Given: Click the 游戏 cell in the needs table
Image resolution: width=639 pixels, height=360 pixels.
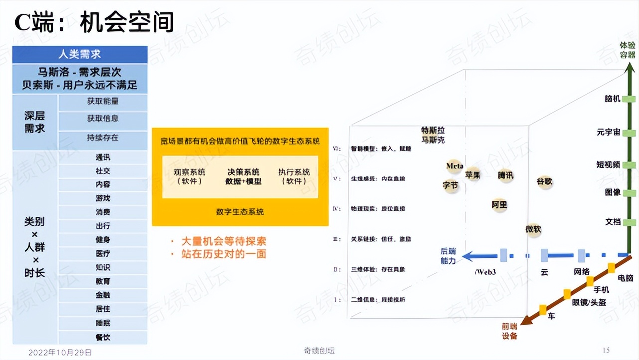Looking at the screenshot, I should coord(103,198).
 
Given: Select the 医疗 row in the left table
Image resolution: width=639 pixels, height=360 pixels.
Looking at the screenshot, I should coord(103,254).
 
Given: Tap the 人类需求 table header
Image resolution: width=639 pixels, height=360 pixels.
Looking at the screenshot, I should coord(80,54).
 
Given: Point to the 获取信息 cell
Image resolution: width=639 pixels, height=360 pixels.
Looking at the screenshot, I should coord(103,119).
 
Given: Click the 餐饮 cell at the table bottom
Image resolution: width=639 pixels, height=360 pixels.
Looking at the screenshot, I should coord(103,337).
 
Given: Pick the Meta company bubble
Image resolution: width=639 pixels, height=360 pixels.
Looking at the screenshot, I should coord(454,166).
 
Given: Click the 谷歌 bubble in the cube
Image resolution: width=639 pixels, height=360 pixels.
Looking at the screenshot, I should coord(544,181).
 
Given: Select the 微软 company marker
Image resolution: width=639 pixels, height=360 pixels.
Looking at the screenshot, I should coord(533,229).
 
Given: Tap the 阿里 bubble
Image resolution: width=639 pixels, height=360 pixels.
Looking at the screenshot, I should coord(499,204).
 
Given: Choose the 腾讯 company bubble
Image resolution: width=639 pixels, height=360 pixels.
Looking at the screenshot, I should coord(505,175).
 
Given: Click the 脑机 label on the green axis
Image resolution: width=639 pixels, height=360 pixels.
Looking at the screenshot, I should coord(612,99).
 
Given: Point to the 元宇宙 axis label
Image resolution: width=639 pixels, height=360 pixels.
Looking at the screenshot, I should coord(608,132).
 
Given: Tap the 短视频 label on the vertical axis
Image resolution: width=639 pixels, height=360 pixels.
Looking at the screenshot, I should coord(608,164).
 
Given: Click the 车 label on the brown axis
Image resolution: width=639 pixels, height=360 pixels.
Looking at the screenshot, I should coord(551,316).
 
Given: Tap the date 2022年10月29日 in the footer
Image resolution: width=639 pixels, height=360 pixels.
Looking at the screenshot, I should coord(60,352).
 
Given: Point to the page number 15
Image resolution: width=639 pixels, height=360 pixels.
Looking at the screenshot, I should coord(606,350).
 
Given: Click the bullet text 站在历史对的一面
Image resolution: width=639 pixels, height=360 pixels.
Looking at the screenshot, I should coord(224,254).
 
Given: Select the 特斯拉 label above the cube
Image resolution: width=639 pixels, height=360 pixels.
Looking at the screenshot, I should coord(432,131).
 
